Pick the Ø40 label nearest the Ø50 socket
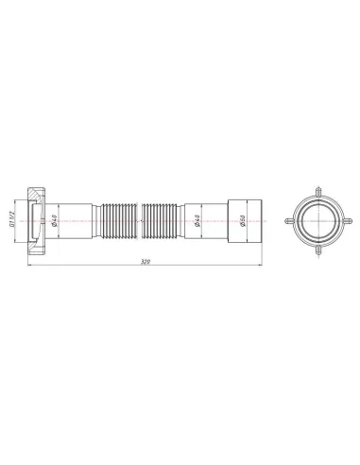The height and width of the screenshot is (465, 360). tap(197, 221)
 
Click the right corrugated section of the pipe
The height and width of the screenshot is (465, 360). tap(164, 221)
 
